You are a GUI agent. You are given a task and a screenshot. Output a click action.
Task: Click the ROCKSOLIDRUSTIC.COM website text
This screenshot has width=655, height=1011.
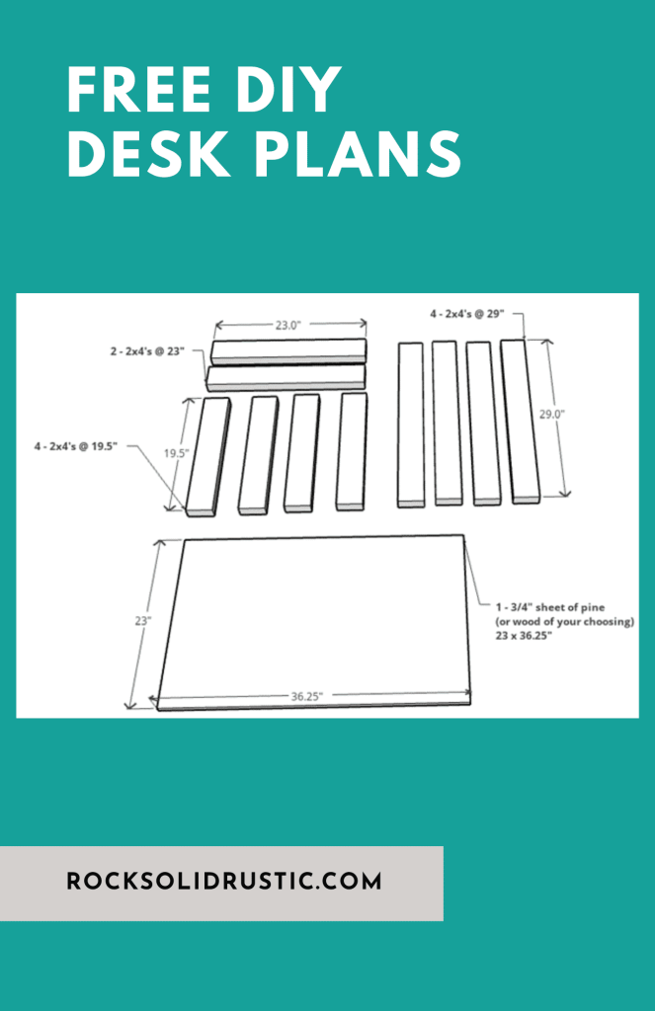(x=224, y=882)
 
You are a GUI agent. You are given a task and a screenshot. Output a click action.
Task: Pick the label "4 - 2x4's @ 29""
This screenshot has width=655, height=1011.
(x=466, y=313)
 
